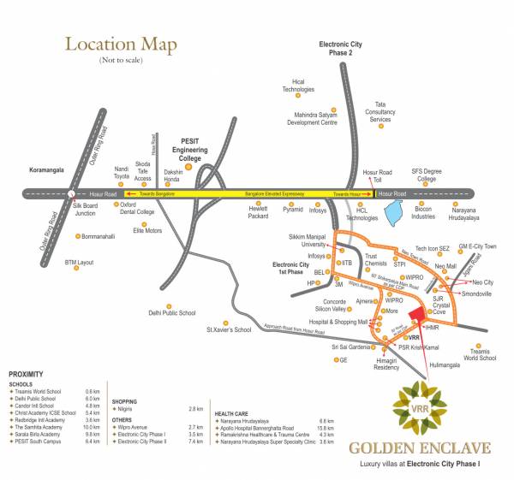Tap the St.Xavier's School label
229,329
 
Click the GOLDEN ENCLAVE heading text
419,447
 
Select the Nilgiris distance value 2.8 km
194,409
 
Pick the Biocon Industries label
423,213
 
